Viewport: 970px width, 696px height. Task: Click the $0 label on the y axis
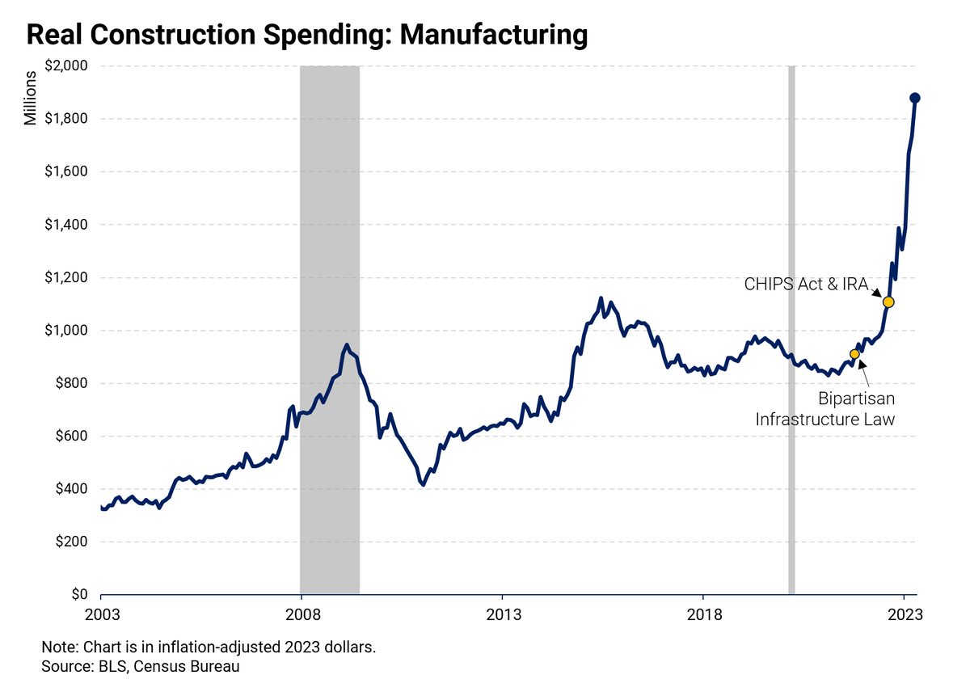click(79, 594)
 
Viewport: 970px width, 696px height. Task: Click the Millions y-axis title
click(30, 98)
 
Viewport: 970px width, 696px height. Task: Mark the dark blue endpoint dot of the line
click(915, 98)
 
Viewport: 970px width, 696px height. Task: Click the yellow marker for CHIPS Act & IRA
click(888, 302)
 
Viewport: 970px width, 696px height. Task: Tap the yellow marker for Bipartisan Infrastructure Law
click(854, 354)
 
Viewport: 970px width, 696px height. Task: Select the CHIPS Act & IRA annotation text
click(806, 285)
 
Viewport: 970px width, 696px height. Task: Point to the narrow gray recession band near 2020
click(791, 330)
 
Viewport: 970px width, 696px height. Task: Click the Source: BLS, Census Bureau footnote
click(141, 667)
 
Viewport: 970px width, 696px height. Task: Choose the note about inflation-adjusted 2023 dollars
click(209, 648)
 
